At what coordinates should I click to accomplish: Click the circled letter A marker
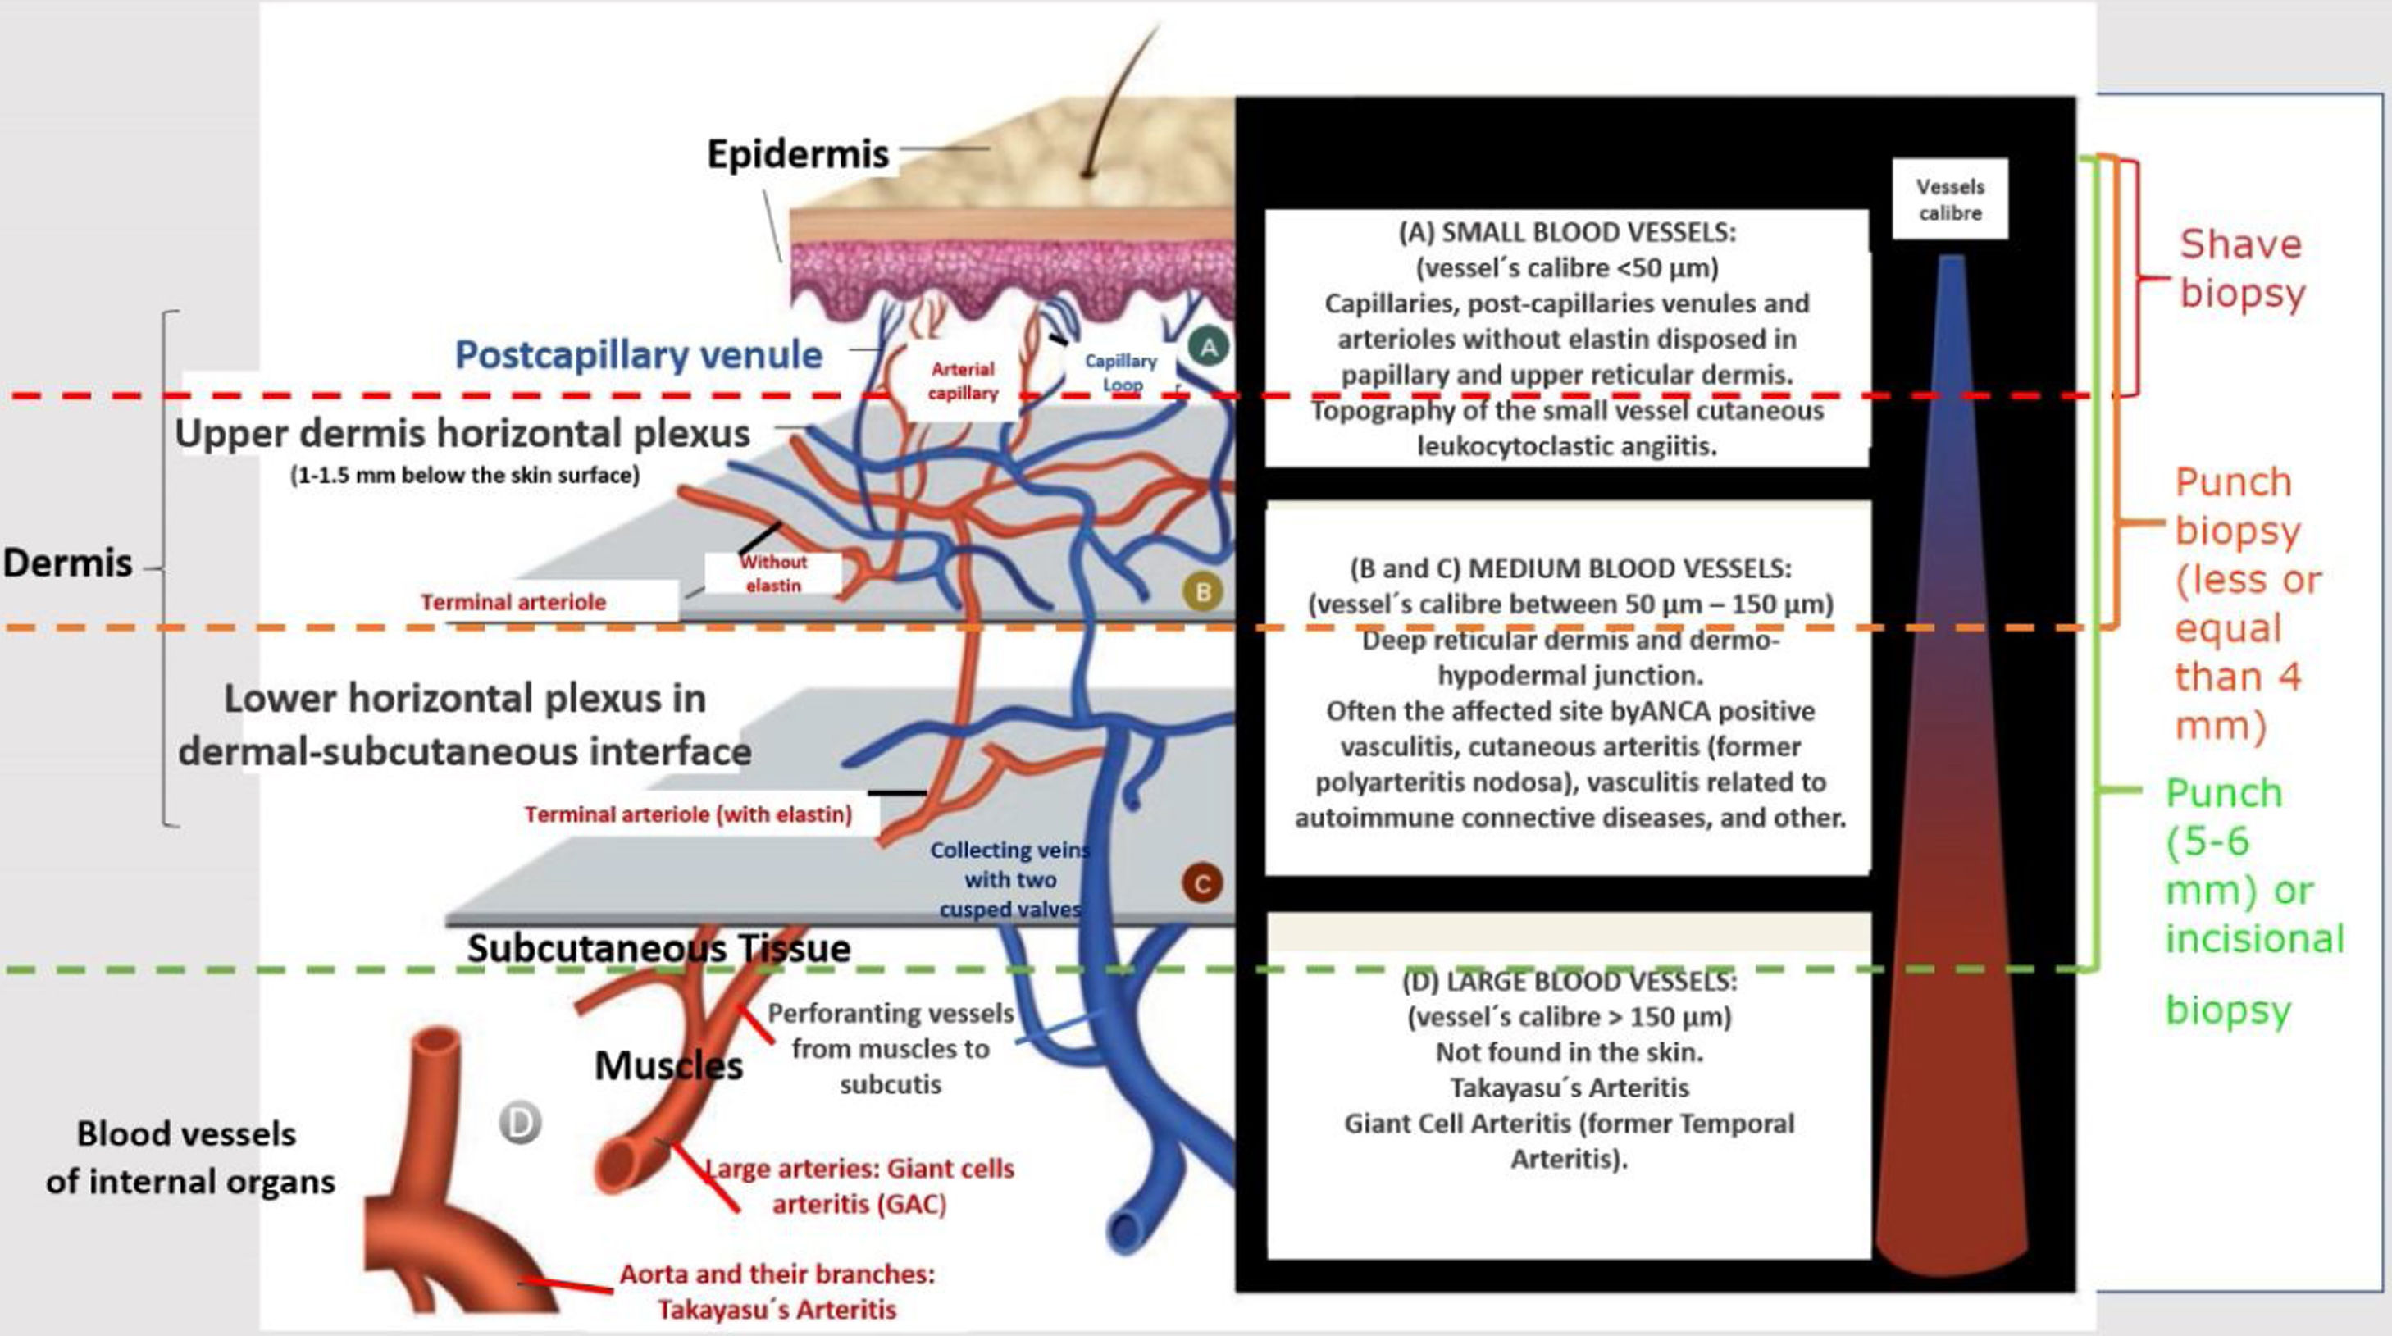(1208, 347)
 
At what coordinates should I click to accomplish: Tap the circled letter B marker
(1202, 591)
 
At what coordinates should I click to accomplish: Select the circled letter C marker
(1201, 883)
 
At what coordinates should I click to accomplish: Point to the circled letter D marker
(519, 1124)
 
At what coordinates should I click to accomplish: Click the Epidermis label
(798, 154)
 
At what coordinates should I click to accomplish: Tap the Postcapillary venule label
(638, 354)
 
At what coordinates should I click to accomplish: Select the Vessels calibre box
(1950, 199)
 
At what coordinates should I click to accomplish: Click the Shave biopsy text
(2242, 268)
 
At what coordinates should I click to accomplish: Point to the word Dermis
(67, 563)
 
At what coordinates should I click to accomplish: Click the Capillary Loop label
(1121, 372)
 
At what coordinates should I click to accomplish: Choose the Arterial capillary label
(963, 381)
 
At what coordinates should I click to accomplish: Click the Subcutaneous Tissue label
(658, 948)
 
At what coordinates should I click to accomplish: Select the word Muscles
(668, 1066)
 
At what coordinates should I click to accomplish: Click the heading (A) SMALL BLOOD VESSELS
(1566, 232)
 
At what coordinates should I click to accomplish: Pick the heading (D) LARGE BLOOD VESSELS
(1569, 982)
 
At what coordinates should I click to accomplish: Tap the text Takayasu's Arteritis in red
(777, 1309)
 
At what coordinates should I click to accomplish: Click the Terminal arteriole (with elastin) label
(688, 814)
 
